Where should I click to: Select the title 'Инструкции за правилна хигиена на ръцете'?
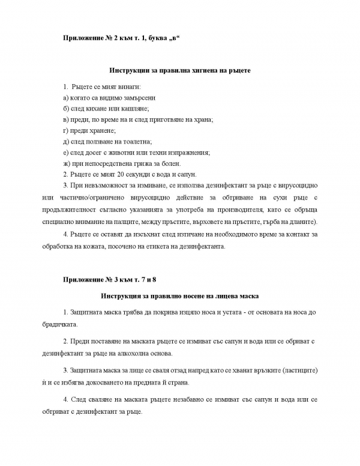pyautogui.click(x=180, y=70)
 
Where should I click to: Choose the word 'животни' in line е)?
pyautogui.click(x=130, y=152)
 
